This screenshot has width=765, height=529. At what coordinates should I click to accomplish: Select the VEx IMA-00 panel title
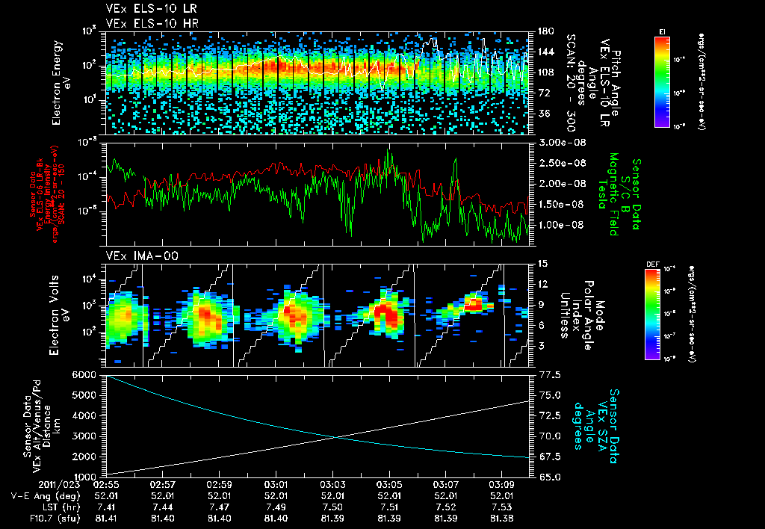(135, 256)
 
